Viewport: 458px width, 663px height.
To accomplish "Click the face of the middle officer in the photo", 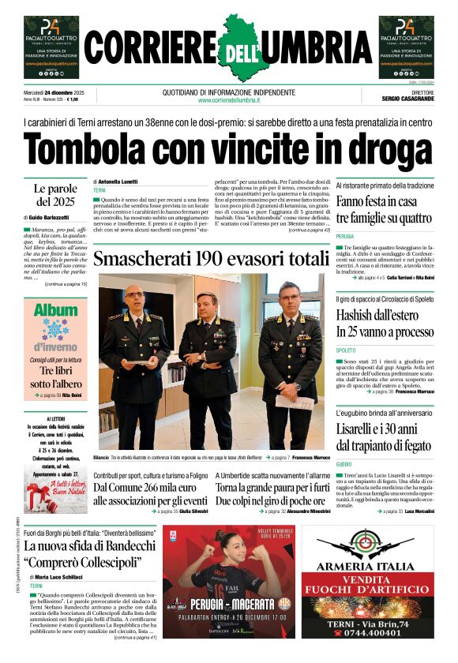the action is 208,305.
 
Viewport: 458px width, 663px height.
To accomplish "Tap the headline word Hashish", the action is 361,316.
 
